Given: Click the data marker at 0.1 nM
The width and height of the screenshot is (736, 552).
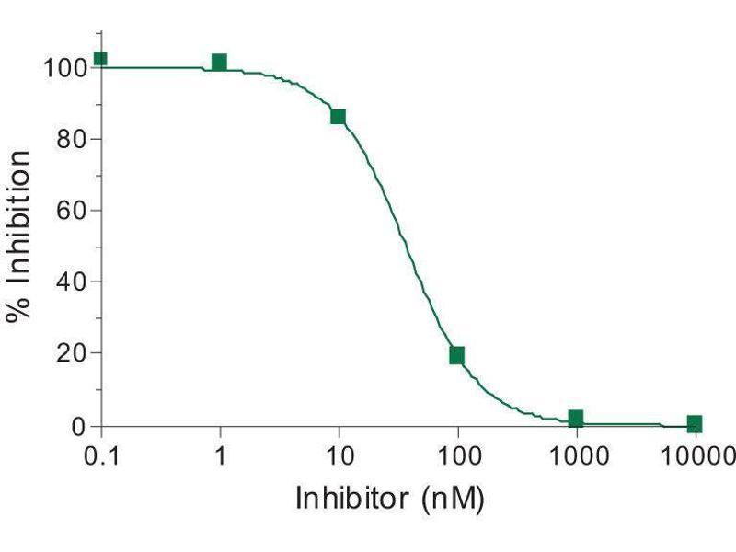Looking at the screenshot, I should (100, 59).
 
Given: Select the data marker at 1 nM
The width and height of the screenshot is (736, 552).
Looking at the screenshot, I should (219, 63).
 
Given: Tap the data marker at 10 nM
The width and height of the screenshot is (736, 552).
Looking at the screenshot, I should (338, 116).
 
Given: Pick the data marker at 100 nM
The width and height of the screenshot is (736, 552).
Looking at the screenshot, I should (456, 355).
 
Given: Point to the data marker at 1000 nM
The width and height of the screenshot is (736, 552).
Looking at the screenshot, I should (576, 419).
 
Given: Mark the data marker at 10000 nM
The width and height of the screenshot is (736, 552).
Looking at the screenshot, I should (695, 423).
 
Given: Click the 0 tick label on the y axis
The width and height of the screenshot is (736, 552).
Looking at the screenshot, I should (79, 426).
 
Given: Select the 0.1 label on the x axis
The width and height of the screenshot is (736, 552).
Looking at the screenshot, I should (100, 454).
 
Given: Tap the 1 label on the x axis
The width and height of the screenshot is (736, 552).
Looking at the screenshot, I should (219, 454).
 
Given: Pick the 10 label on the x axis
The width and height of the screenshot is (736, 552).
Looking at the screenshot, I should (339, 454).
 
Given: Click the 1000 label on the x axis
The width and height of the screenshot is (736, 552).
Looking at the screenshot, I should (576, 454).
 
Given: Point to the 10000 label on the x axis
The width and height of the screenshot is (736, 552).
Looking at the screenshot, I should (696, 454).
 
